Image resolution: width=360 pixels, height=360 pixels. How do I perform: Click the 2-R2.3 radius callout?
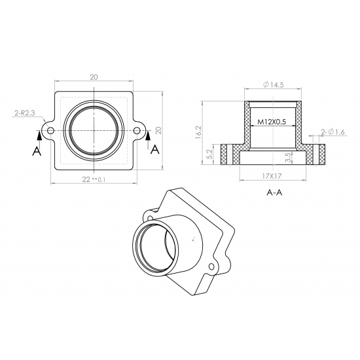[25, 113]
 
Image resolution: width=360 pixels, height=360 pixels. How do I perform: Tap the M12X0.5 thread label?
[272, 122]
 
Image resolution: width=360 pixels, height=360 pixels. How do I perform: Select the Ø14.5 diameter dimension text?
[273, 84]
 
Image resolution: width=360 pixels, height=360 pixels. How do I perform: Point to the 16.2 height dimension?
[198, 132]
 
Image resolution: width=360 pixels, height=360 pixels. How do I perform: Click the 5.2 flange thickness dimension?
[209, 154]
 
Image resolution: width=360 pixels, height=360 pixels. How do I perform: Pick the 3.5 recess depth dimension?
[288, 158]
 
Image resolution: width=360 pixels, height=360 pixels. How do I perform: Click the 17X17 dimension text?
[272, 176]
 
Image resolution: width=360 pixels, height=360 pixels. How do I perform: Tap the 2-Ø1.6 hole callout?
[333, 132]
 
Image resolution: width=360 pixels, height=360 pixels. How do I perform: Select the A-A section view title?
[274, 192]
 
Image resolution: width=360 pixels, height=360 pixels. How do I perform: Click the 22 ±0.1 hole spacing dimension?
[94, 179]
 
